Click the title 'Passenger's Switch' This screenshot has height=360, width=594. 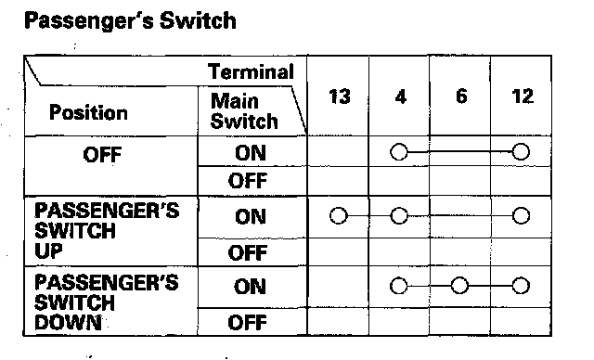point(130,20)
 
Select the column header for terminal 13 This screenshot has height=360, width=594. point(339,96)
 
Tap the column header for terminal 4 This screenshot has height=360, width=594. point(400,96)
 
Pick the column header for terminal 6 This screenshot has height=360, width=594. point(461,96)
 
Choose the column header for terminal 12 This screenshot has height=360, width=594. point(523,96)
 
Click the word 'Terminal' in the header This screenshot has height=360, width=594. point(251,71)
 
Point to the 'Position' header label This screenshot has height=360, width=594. point(88,112)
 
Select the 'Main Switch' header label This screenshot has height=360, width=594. point(244,111)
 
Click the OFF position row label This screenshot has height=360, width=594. point(102,154)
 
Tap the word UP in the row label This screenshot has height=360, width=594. point(48,251)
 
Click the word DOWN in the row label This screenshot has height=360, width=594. point(68,322)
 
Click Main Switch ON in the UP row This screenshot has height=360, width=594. point(250,216)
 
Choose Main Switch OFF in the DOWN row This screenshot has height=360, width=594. point(248,322)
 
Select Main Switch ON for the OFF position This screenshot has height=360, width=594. point(250,153)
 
